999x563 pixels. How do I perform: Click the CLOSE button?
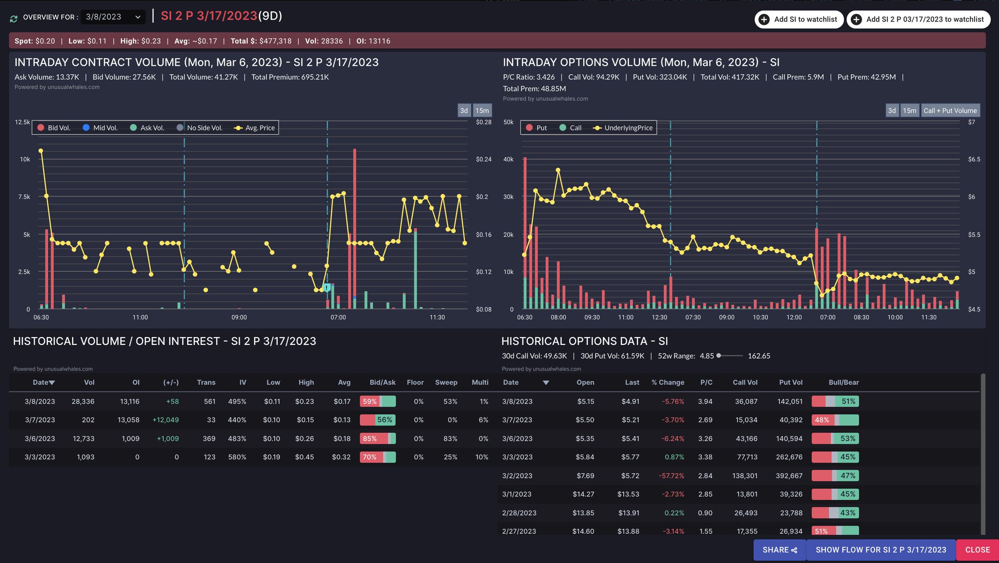tap(977, 550)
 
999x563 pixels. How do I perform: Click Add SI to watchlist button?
tap(799, 20)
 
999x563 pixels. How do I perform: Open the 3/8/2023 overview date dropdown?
tap(113, 17)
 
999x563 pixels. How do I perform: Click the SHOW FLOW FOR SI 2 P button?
tap(880, 550)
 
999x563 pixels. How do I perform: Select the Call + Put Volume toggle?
tap(950, 111)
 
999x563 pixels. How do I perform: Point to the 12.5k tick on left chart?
tap(22, 122)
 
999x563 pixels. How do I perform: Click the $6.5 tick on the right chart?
tap(974, 160)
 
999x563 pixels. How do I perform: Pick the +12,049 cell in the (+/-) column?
tap(165, 420)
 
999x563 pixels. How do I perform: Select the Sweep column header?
tap(446, 382)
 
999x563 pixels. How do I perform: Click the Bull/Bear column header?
tap(843, 382)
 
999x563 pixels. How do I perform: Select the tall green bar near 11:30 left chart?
tap(415, 268)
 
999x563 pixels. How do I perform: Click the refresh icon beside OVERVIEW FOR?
tap(14, 19)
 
